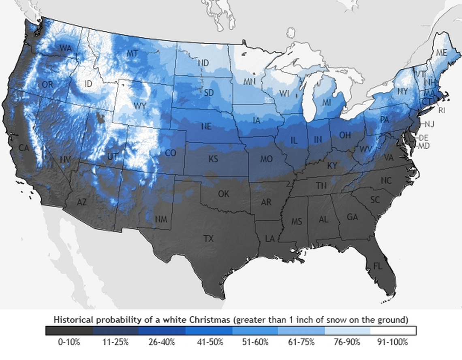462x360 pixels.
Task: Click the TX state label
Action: (208, 239)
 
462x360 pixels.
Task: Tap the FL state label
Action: (377, 266)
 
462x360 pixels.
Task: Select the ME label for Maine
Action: (441, 53)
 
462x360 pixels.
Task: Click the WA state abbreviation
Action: (65, 48)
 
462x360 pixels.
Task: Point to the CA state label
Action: (24, 148)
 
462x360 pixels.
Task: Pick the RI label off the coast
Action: (442, 110)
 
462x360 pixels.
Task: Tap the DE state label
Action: (423, 138)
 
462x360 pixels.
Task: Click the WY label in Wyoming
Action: (140, 106)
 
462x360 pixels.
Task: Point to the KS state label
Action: (213, 159)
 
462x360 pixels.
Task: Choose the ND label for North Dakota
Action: (203, 63)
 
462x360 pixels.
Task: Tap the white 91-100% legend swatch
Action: (393, 330)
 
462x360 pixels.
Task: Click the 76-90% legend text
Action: (347, 342)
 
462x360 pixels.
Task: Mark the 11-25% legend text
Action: (115, 342)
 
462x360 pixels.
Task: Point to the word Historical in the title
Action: (74, 320)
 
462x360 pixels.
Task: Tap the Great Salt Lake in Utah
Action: (100, 118)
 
